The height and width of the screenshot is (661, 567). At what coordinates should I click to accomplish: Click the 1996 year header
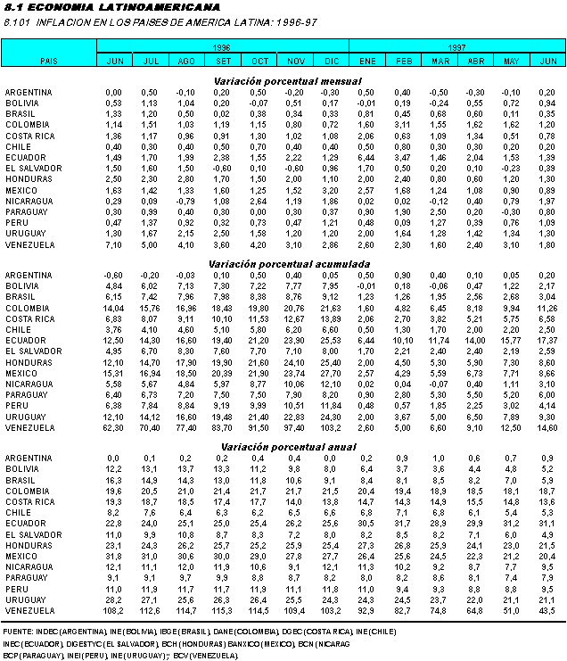click(x=222, y=45)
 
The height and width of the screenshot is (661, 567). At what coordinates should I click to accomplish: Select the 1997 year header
click(x=456, y=45)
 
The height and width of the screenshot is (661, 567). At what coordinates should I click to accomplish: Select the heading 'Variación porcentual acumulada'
click(x=283, y=265)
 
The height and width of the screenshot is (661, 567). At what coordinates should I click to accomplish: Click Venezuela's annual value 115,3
click(x=222, y=611)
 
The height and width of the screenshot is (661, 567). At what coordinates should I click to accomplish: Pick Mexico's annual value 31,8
click(x=113, y=556)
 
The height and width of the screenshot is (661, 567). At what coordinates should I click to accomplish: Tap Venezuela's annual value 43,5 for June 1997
click(x=548, y=611)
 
